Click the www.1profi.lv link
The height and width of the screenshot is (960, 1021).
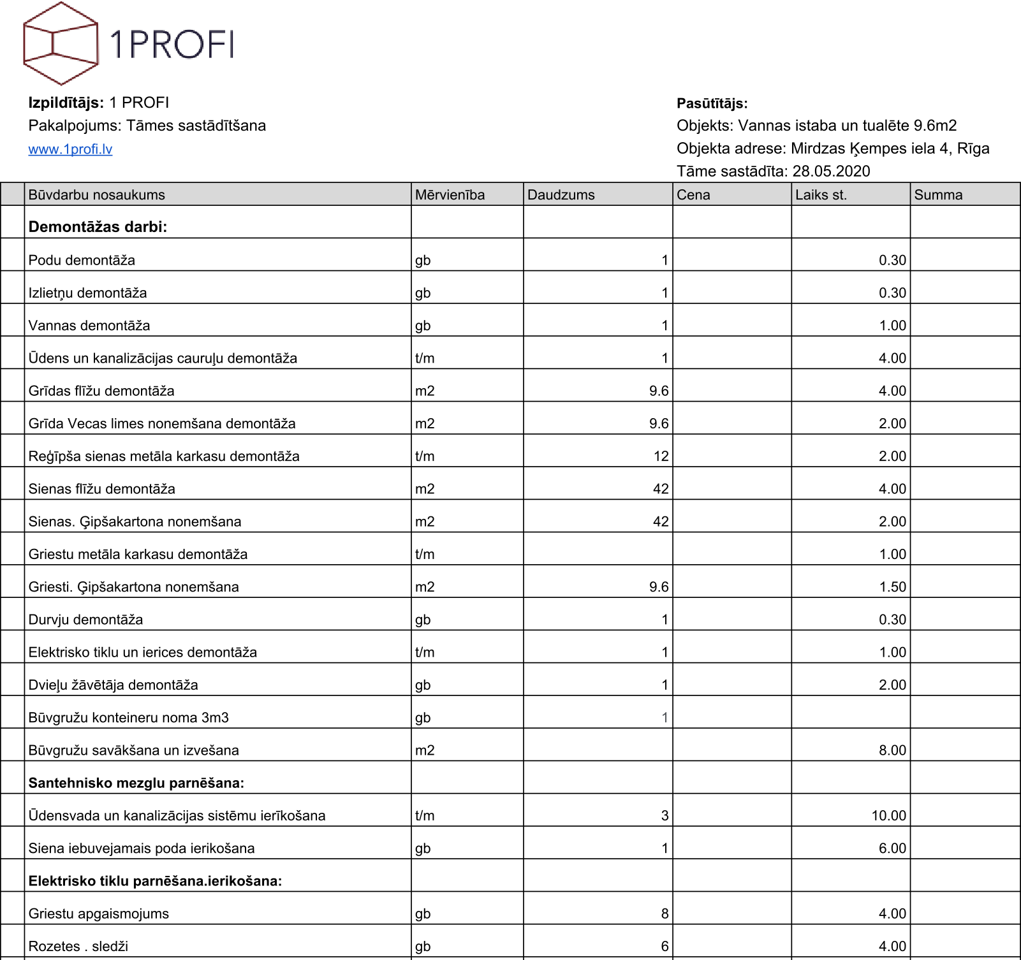coord(70,149)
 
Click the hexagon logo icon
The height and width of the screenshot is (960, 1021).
coord(61,43)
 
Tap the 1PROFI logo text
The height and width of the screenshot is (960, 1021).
coord(172,44)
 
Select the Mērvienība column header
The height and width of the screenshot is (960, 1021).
coord(450,195)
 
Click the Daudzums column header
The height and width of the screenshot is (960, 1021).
coord(561,195)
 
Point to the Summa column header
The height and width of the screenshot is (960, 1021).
coord(938,195)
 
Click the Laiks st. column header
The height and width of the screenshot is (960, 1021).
coord(821,195)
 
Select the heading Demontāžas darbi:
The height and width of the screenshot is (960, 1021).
coord(98,227)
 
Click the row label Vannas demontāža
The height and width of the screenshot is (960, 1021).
coord(89,326)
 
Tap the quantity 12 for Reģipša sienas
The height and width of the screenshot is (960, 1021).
coord(661,456)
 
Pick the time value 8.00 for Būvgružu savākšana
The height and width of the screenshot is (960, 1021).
coord(892,750)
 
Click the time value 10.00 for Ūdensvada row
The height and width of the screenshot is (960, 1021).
coord(888,816)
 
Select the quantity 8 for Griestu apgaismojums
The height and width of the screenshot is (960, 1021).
coord(665,914)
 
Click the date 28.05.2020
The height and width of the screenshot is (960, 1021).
coord(831,171)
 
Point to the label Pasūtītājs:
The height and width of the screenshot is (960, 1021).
coord(712,103)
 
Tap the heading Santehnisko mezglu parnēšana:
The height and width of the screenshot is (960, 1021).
coord(136,783)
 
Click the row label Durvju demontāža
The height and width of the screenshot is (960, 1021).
coord(85,620)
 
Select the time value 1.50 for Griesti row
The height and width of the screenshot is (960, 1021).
coord(892,587)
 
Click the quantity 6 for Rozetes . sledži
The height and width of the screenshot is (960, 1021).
coord(665,947)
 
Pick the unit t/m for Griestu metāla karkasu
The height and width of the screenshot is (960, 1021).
coord(425,555)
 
